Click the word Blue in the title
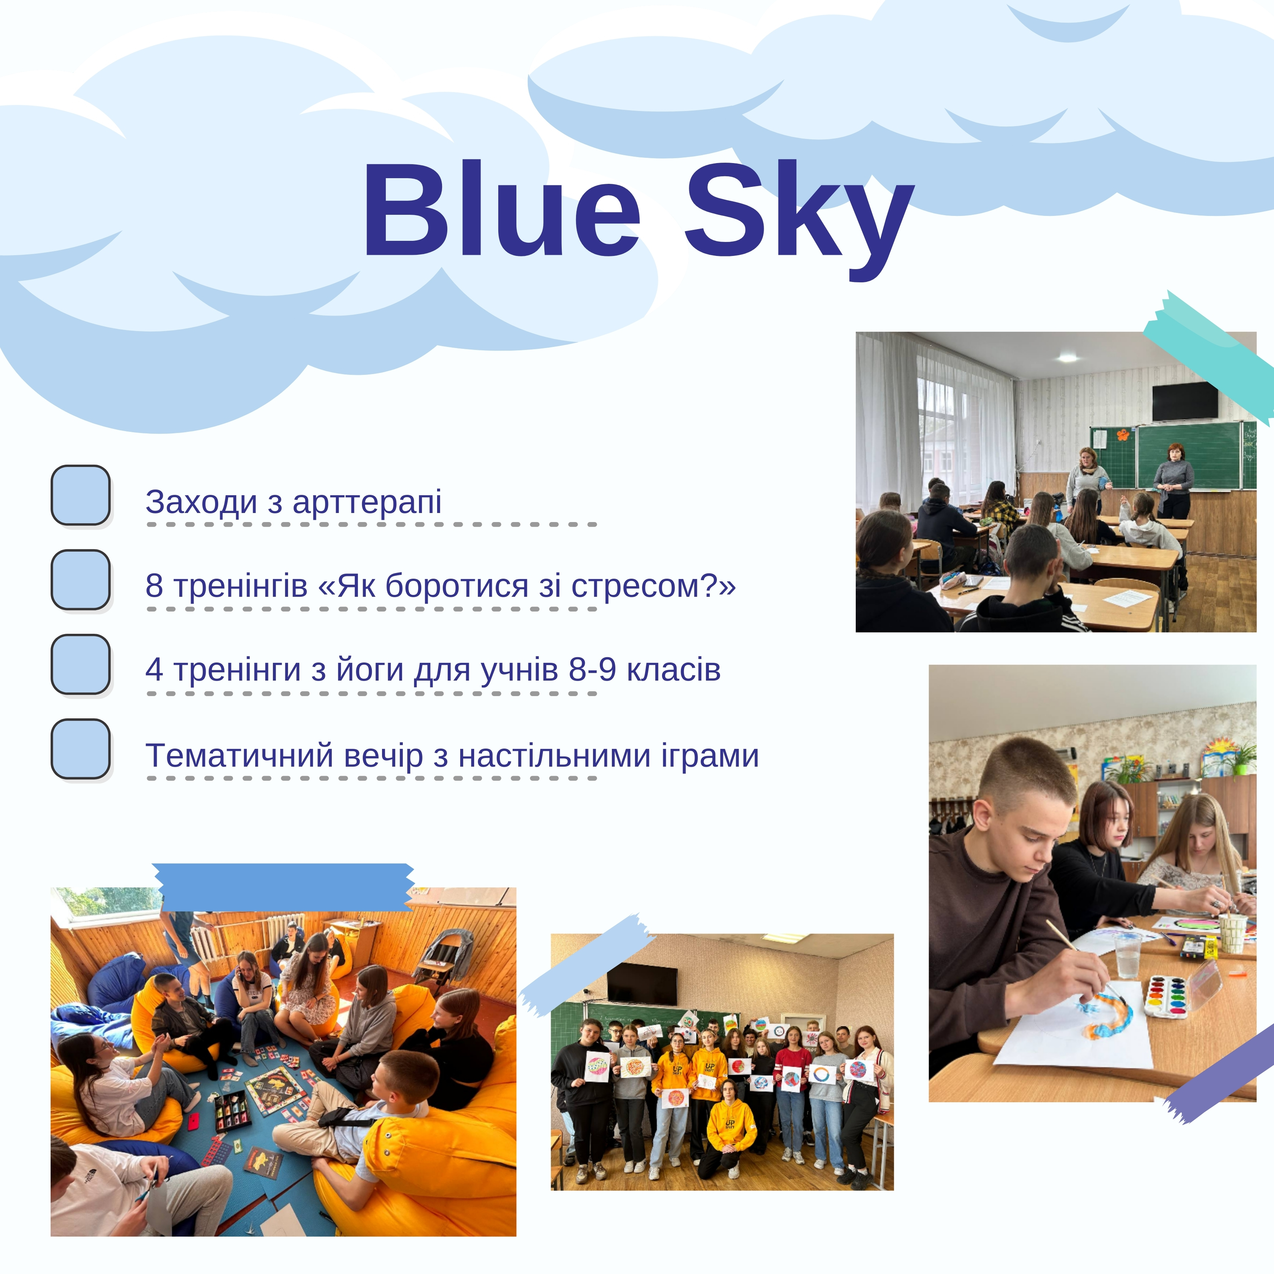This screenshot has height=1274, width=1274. click(x=502, y=210)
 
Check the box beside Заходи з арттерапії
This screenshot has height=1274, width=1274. click(x=80, y=495)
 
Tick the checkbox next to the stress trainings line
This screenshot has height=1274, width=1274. click(x=80, y=580)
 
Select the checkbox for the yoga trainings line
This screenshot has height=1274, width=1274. click(x=80, y=664)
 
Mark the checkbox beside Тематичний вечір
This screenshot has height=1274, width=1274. click(x=80, y=749)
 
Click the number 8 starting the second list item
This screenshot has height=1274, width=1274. click(x=154, y=585)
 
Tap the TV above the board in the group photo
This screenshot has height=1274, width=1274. click(x=642, y=984)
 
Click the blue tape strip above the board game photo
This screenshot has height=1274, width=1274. click(x=283, y=887)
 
